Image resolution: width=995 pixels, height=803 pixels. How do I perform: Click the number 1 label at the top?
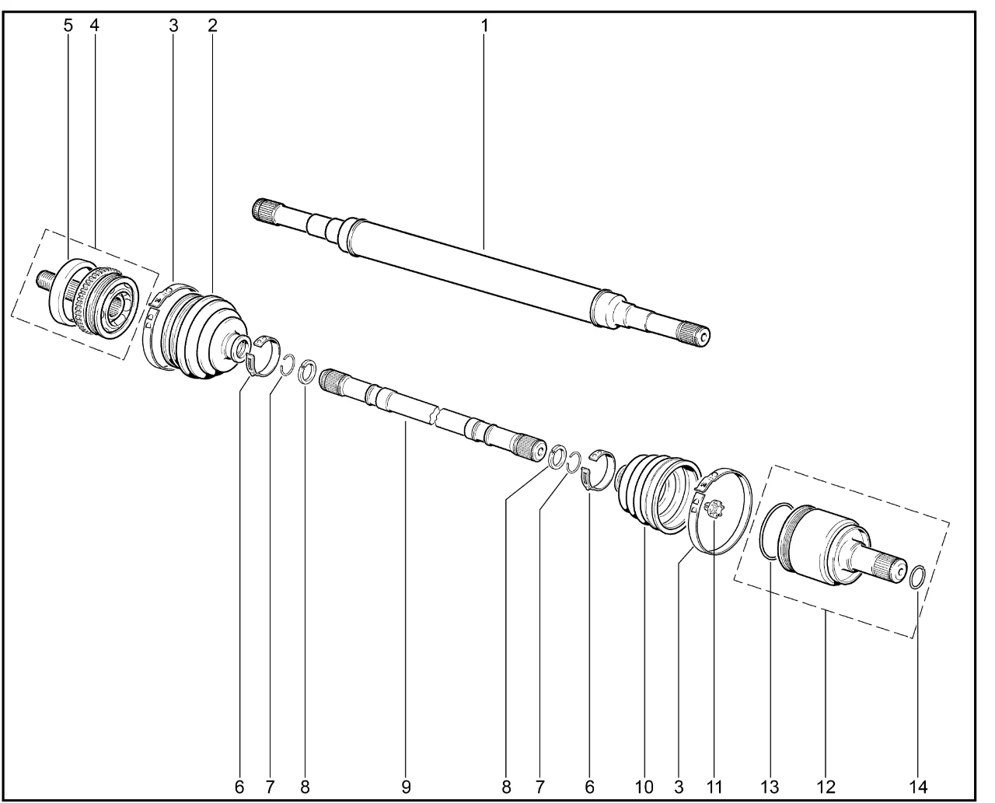click(484, 26)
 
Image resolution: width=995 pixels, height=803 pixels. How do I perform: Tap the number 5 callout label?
click(68, 26)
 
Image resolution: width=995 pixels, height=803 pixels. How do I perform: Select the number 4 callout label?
click(94, 26)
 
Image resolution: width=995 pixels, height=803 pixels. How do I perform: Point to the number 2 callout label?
click(212, 26)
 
